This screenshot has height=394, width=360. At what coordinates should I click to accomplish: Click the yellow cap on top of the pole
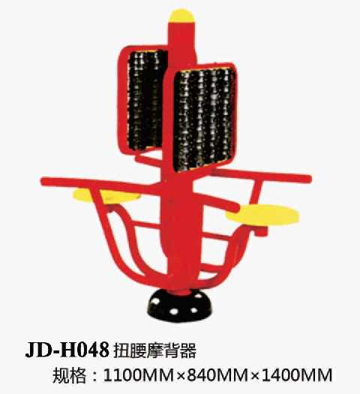point(181,16)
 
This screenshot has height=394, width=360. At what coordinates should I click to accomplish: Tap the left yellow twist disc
point(106,195)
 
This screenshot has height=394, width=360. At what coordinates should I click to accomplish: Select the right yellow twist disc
point(262,215)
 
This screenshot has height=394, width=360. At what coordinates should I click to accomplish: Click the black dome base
point(179,305)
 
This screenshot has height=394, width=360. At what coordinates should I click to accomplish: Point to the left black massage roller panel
point(146,100)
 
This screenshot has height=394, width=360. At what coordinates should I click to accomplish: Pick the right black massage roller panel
point(204,120)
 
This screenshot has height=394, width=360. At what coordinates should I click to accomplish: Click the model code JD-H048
point(67,350)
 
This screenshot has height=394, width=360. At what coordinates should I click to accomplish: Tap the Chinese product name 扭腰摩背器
point(155,350)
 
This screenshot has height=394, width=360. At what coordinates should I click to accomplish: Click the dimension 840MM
point(217,375)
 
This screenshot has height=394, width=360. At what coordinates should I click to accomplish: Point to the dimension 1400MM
point(297,375)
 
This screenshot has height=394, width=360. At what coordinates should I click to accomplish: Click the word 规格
point(68,375)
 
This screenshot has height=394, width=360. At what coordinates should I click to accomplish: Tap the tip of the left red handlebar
point(43,181)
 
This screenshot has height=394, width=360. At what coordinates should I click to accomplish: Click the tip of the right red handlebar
point(310,179)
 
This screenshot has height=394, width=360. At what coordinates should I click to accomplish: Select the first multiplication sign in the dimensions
point(180,376)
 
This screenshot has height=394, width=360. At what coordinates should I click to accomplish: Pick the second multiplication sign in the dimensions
point(255,376)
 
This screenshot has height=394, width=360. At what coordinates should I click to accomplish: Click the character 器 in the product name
point(188,350)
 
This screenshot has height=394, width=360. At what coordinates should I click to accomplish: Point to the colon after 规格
point(94,376)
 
